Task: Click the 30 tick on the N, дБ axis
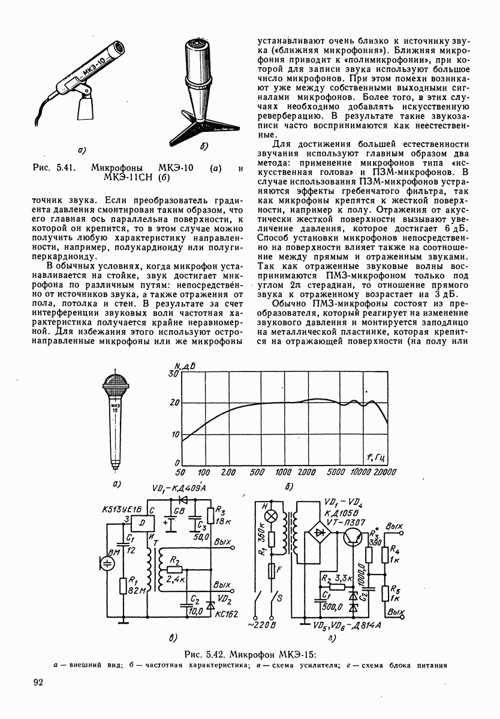[x=174, y=373]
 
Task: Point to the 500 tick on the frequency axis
[x=257, y=472]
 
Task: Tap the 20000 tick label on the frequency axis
[x=381, y=472]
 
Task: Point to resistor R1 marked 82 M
[x=122, y=590]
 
